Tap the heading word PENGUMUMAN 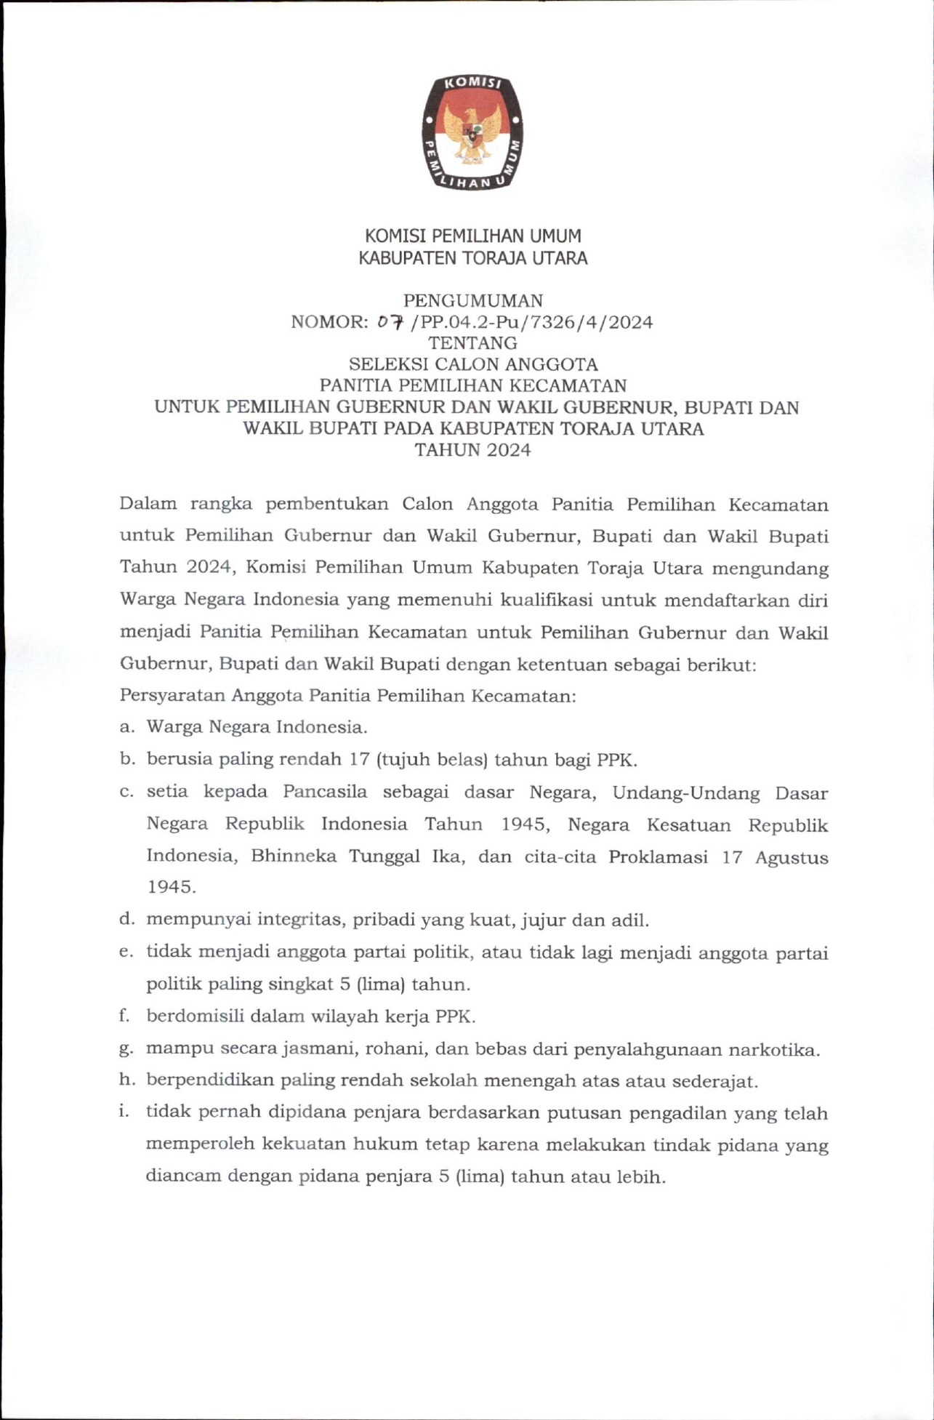472,300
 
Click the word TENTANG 472,343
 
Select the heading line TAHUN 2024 472,450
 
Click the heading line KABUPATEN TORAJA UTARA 472,258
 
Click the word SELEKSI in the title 384,364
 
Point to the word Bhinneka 294,856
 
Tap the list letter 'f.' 125,1016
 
